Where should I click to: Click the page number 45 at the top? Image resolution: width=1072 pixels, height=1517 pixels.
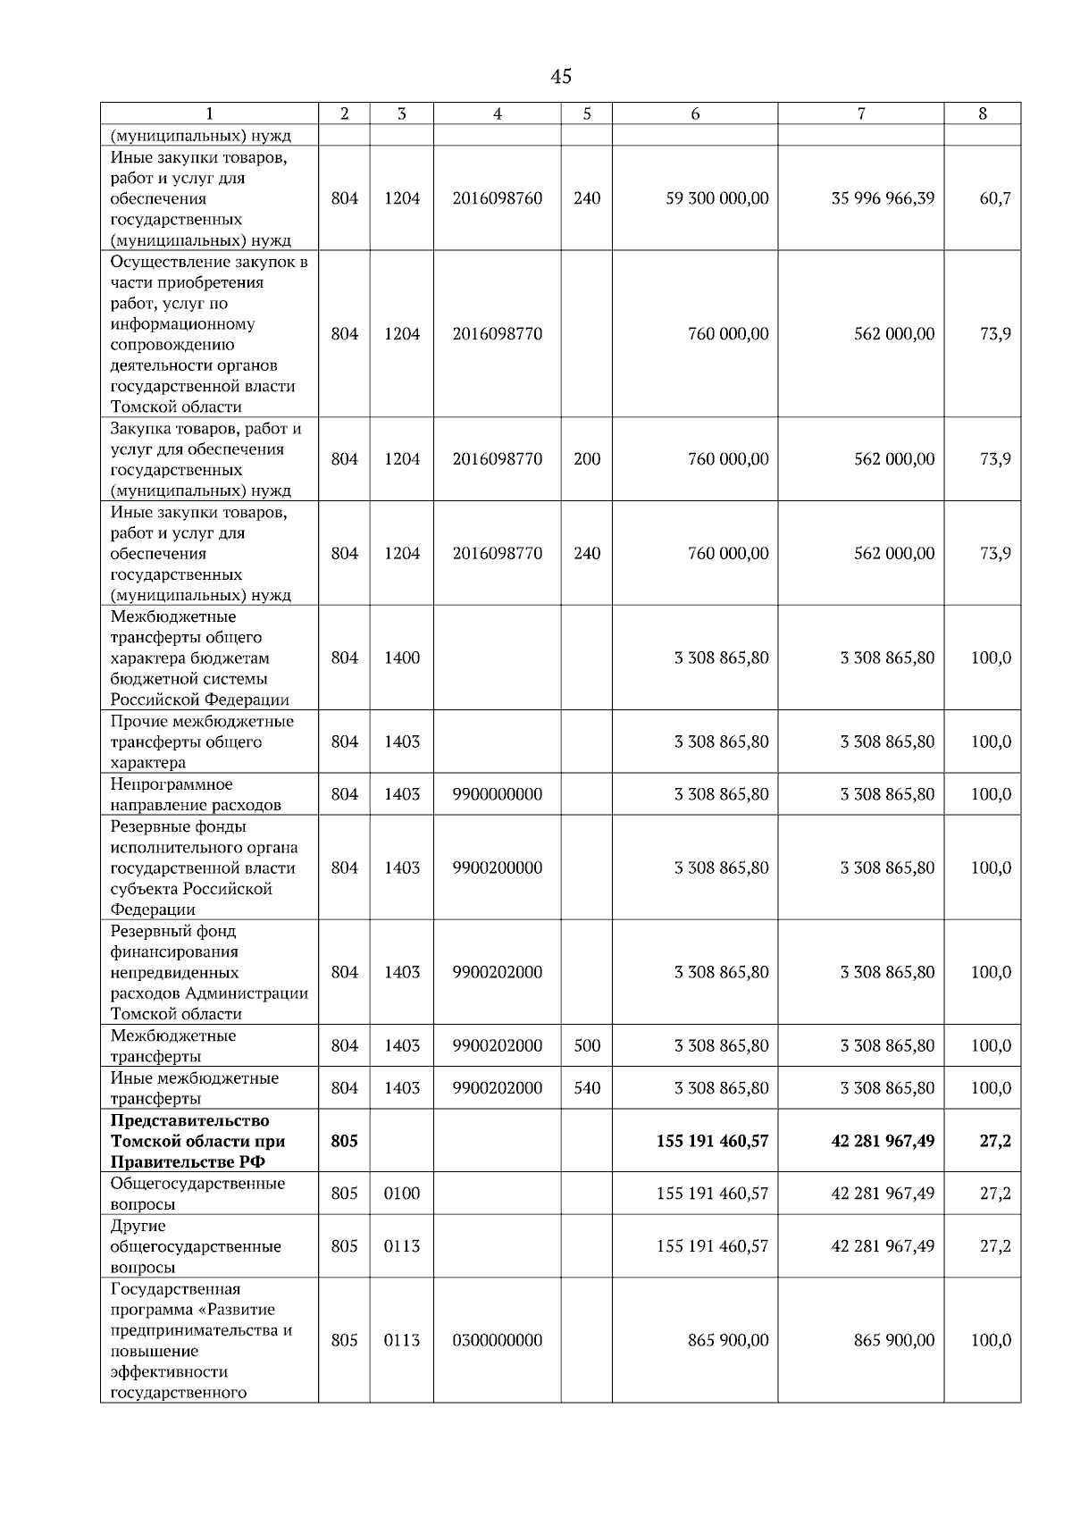coord(561,77)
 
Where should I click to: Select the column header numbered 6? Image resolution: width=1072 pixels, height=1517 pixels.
coord(694,113)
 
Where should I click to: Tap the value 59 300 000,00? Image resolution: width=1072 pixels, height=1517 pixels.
coord(716,198)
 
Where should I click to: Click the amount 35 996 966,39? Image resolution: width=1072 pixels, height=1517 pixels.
coord(883,198)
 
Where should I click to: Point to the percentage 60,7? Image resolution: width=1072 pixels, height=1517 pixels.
coord(994,198)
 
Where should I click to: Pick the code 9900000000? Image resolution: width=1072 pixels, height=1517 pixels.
coord(497,794)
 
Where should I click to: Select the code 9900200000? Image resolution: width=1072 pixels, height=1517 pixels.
coord(497,867)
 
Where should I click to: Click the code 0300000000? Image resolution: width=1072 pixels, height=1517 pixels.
coord(497,1340)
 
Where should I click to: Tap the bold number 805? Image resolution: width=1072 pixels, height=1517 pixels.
coord(344,1141)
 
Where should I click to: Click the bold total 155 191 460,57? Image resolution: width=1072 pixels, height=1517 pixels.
coord(712,1141)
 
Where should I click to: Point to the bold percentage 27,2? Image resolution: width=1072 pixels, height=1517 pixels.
coord(994,1141)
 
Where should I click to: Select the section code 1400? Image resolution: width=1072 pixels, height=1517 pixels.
coord(401,658)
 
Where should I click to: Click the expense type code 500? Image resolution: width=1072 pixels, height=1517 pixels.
coord(586,1046)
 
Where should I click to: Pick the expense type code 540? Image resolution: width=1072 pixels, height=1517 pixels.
coord(586,1088)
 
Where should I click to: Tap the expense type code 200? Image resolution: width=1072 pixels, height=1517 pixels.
coord(586,459)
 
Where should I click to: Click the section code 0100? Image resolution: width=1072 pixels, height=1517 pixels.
coord(401,1194)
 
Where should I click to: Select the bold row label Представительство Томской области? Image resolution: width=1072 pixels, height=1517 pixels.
coord(197,1141)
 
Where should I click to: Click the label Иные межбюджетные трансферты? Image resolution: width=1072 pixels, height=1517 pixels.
coord(194,1088)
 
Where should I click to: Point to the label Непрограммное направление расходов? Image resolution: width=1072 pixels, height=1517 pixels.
coord(195,794)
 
